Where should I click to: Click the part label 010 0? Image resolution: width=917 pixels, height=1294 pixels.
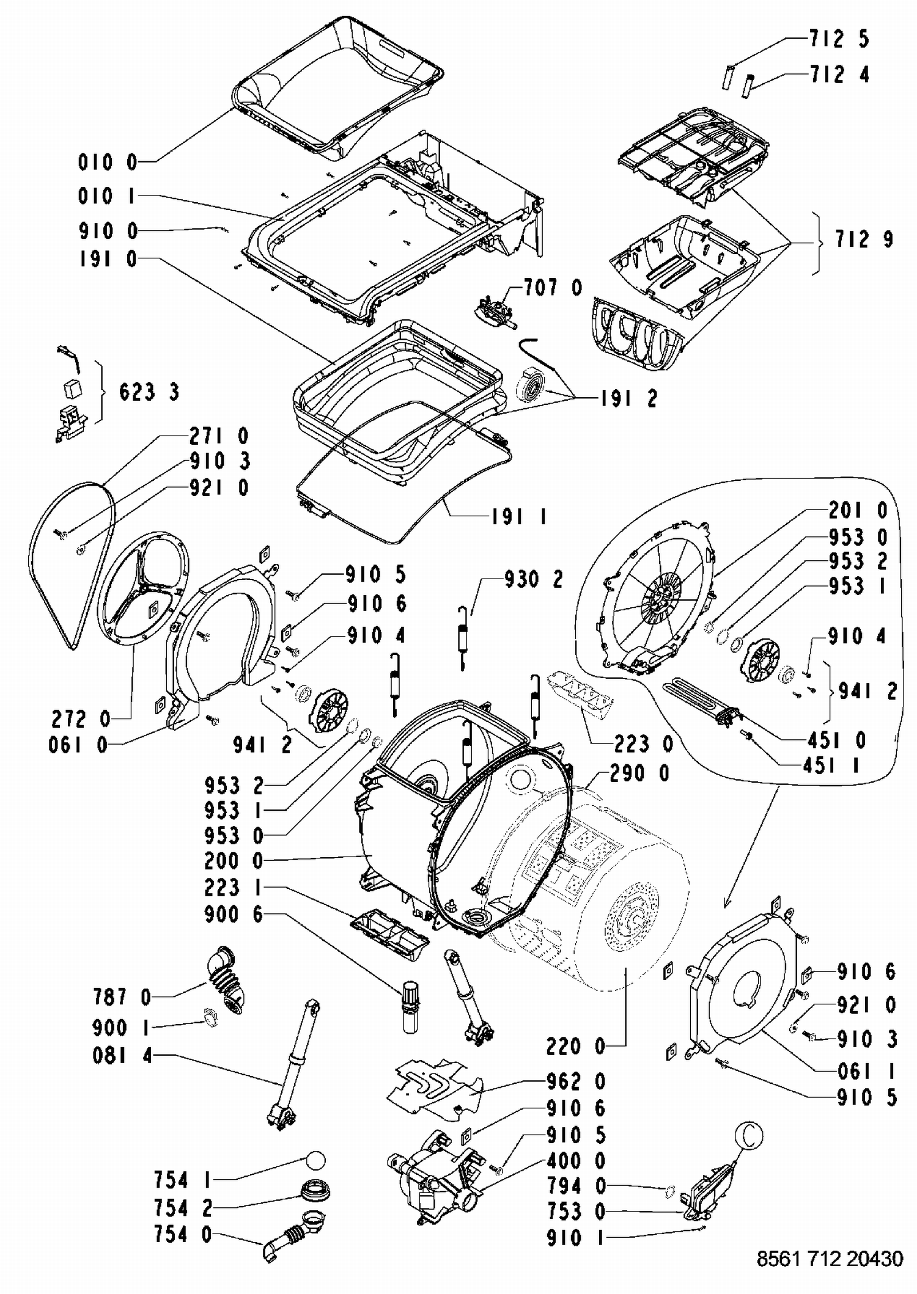pyautogui.click(x=108, y=163)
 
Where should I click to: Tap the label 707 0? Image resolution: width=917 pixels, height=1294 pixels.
pyautogui.click(x=553, y=287)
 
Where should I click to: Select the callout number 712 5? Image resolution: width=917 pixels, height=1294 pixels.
pyautogui.click(x=839, y=39)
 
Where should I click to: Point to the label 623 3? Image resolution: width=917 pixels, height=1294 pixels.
pyautogui.click(x=149, y=392)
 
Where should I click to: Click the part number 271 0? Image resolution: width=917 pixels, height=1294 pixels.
pyautogui.click(x=219, y=436)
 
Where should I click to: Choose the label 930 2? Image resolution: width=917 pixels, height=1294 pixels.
pyautogui.click(x=533, y=579)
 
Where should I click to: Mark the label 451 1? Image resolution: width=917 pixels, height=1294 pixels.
pyautogui.click(x=831, y=766)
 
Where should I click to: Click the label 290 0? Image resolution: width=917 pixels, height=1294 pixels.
pyautogui.click(x=639, y=773)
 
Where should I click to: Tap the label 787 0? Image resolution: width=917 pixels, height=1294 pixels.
pyautogui.click(x=122, y=998)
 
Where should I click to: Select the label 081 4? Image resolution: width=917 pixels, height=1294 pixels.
pyautogui.click(x=122, y=1056)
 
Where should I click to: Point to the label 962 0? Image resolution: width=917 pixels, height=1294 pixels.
pyautogui.click(x=576, y=1081)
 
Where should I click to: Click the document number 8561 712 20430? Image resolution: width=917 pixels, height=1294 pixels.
pyautogui.click(x=830, y=1259)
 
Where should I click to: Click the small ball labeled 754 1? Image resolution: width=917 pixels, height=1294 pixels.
pyautogui.click(x=314, y=1160)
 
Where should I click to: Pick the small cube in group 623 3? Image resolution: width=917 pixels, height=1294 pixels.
pyautogui.click(x=72, y=389)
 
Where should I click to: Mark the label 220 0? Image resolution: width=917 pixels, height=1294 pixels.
pyautogui.click(x=575, y=1047)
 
